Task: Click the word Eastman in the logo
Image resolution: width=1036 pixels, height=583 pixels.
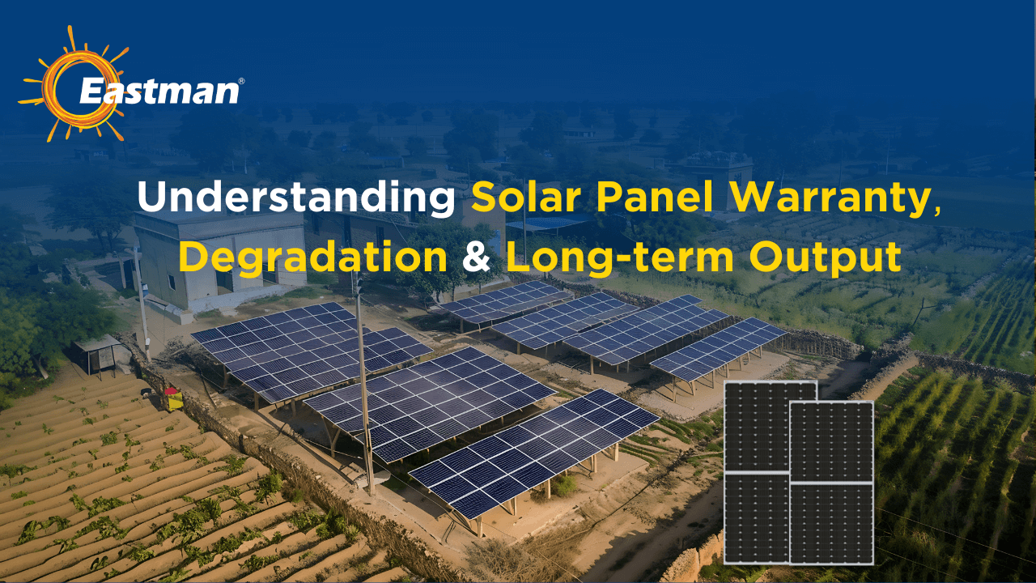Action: (x=159, y=90)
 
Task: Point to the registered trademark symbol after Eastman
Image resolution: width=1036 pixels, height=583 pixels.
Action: (x=241, y=81)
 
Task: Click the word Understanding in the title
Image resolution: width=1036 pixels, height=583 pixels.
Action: (x=296, y=198)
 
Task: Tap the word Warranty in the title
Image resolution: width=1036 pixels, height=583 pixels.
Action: (x=838, y=198)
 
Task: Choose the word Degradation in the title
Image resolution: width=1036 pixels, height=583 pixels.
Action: (x=312, y=256)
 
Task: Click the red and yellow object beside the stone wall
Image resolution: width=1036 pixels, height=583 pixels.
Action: (x=172, y=398)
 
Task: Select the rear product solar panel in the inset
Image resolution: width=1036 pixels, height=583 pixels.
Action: (x=755, y=429)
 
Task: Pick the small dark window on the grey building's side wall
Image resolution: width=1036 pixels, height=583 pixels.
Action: (x=172, y=281)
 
